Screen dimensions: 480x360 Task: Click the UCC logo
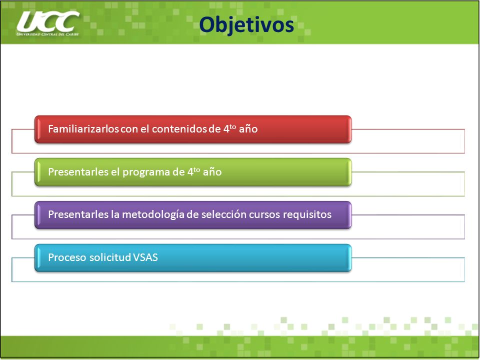tap(48, 23)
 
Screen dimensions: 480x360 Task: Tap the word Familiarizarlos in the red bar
tap(83, 129)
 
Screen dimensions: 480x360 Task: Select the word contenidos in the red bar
tap(179, 129)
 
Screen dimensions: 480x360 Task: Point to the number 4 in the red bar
tap(226, 129)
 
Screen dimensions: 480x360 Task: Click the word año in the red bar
tap(248, 129)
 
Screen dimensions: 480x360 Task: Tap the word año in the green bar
tap(212, 172)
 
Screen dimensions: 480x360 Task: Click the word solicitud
tap(110, 257)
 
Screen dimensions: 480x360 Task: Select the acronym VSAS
tap(145, 257)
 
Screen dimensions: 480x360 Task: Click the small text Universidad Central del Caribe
tap(48, 34)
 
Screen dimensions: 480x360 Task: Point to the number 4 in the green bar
tap(190, 172)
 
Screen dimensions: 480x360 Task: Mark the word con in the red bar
tap(129, 129)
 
